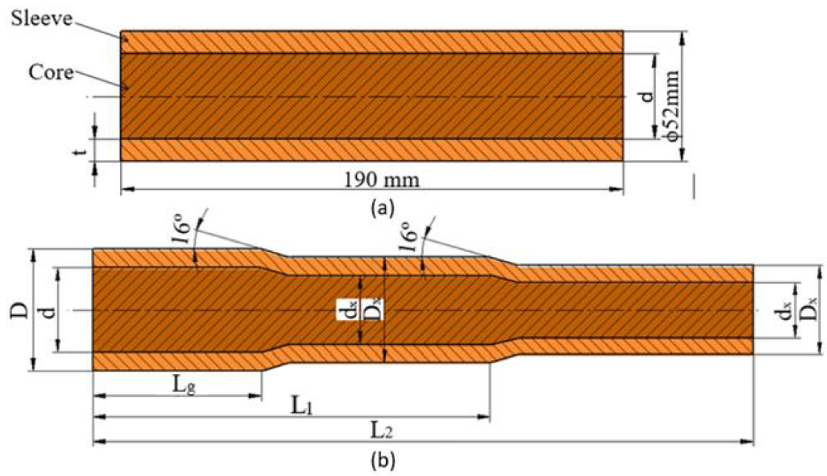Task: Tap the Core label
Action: point(51,72)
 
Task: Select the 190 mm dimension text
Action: point(381,180)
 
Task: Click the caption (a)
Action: point(383,208)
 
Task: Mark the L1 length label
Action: point(301,407)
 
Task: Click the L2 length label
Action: point(381,431)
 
